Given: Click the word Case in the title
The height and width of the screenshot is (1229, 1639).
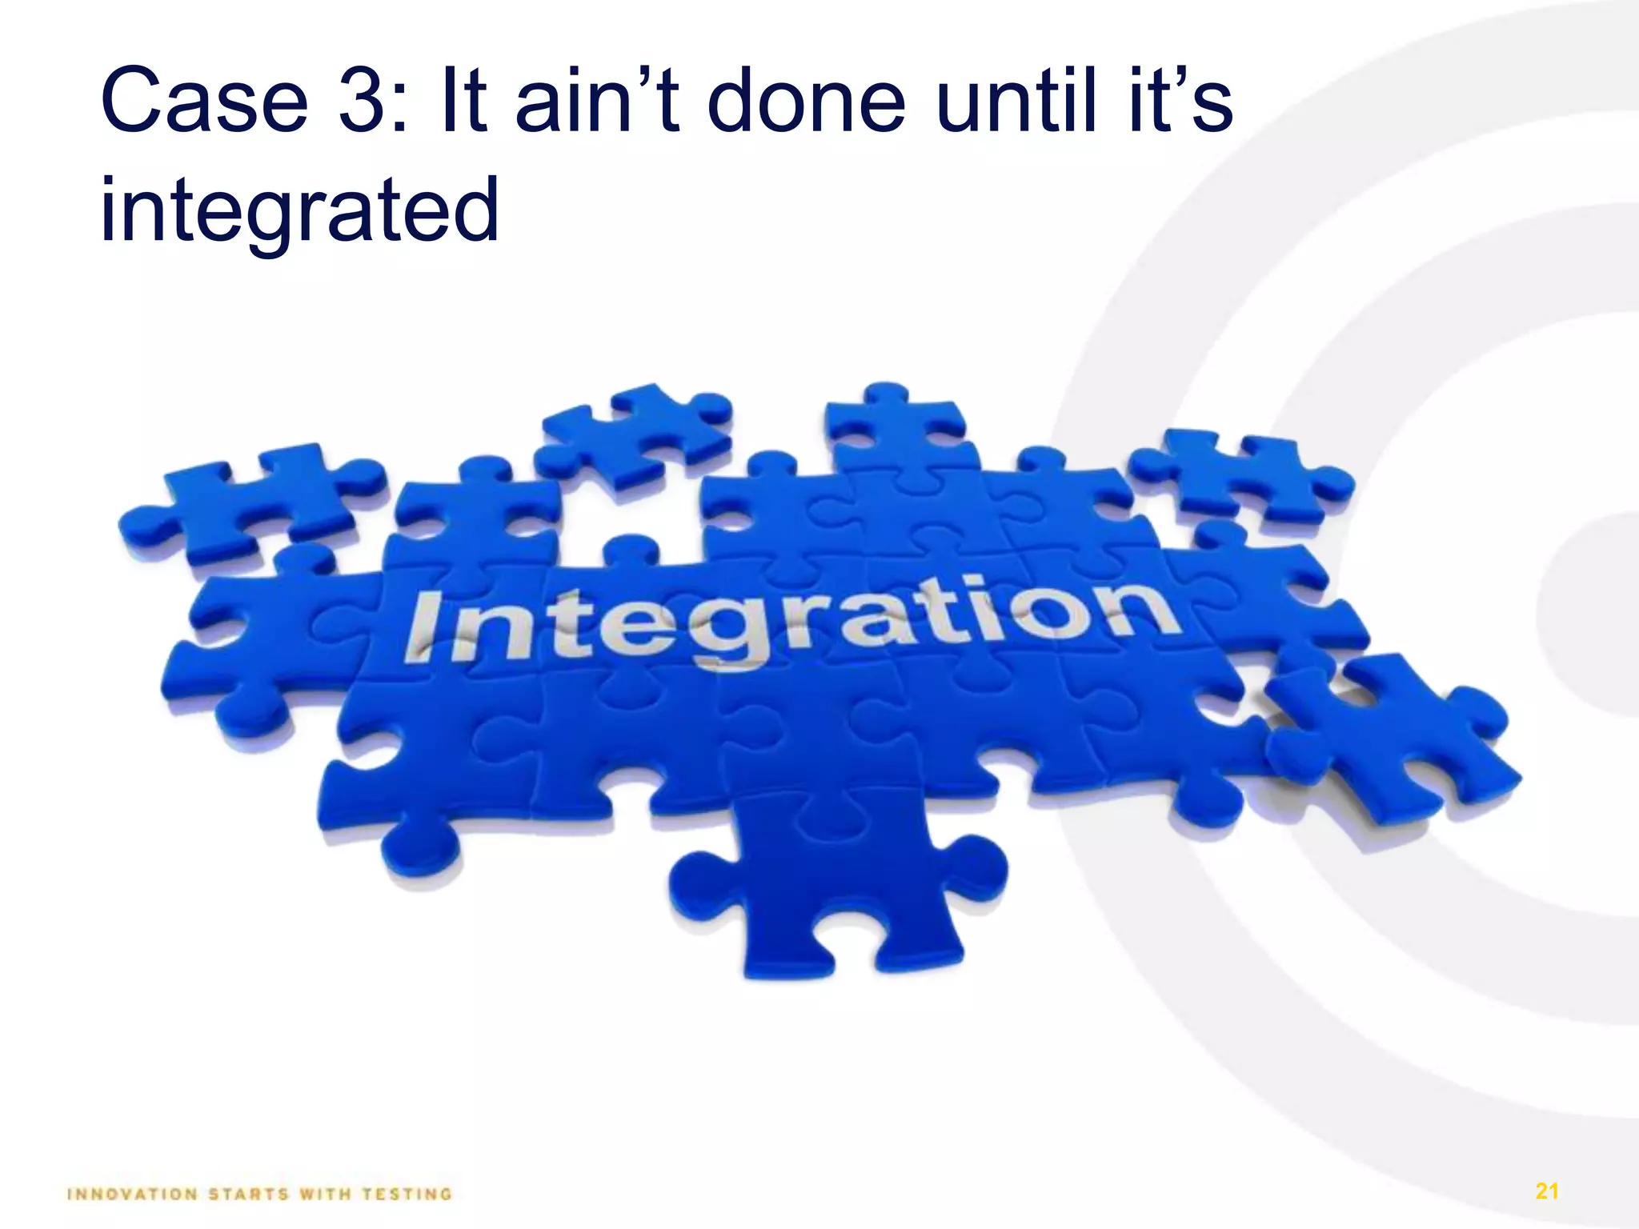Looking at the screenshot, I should pyautogui.click(x=204, y=102).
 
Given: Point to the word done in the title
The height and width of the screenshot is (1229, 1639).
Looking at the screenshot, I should pyautogui.click(x=807, y=102).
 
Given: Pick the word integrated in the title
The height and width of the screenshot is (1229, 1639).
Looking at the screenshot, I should pyautogui.click(x=299, y=210).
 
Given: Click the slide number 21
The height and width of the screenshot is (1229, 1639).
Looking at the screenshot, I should pyautogui.click(x=1547, y=1191).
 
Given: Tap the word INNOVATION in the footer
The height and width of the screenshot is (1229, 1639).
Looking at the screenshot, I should pyautogui.click(x=133, y=1195).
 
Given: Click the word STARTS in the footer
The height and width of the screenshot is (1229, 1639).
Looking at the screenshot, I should pyautogui.click(x=248, y=1195).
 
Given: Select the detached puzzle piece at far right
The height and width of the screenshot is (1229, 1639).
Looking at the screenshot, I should pyautogui.click(x=1393, y=736).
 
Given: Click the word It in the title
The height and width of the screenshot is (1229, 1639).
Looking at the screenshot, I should pyautogui.click(x=463, y=102).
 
